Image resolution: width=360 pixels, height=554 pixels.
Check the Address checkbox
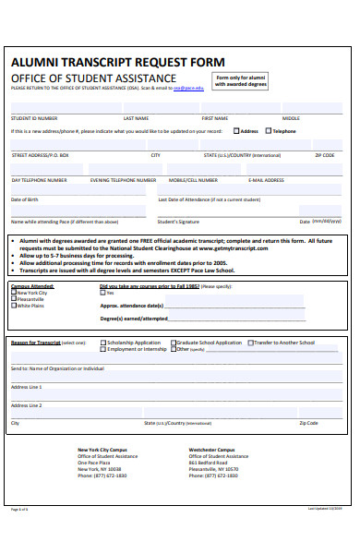click(x=237, y=131)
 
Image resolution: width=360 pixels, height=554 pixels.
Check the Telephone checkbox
click(x=269, y=131)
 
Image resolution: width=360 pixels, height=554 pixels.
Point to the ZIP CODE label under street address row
click(x=324, y=155)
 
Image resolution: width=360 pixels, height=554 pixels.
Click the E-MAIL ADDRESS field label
click(x=268, y=180)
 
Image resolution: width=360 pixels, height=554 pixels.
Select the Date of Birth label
click(x=25, y=199)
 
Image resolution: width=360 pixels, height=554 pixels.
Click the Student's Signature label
click(x=178, y=222)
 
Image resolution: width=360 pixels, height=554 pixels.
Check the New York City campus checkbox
click(x=14, y=293)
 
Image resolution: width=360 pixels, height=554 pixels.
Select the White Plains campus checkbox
click(x=14, y=306)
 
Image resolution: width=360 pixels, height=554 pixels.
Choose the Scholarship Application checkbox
click(x=103, y=343)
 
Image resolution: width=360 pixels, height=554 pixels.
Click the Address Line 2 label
click(x=26, y=405)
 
